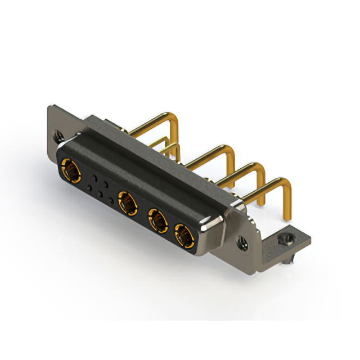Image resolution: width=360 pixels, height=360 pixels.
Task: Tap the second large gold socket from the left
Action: coord(128,201)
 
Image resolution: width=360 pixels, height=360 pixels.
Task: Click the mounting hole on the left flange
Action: coord(58,135)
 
